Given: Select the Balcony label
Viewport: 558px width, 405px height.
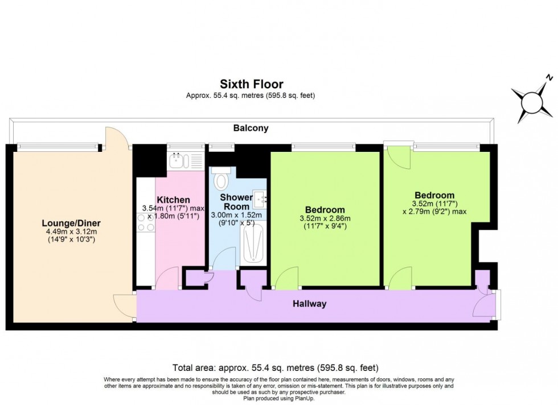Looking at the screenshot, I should click(x=251, y=129).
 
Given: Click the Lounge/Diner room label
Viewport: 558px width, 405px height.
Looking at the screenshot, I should click(x=67, y=223).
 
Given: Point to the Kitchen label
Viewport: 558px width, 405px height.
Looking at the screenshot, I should click(x=173, y=200).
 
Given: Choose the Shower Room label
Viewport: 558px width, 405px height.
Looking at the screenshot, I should click(x=236, y=201).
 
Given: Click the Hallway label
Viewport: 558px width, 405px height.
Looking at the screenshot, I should click(x=310, y=304).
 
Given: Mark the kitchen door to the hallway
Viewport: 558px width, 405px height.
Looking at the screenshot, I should click(x=168, y=279).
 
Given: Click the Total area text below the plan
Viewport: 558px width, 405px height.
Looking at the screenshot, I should click(x=275, y=367).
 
